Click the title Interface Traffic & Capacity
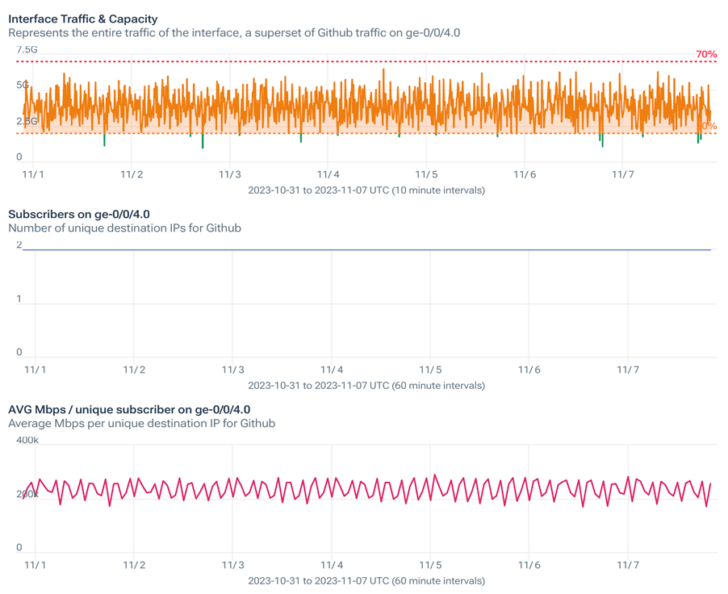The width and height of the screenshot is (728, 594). (83, 19)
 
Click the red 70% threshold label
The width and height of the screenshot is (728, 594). (706, 55)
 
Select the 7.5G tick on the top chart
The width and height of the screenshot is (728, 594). (27, 50)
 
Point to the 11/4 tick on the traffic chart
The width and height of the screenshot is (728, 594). (328, 174)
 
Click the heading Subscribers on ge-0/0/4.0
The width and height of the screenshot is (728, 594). (79, 214)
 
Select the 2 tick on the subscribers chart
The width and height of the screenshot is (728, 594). (19, 245)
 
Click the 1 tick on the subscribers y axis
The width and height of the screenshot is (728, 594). (19, 299)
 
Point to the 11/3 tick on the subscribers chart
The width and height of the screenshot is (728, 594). (232, 370)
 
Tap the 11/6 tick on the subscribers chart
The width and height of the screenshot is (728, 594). (529, 370)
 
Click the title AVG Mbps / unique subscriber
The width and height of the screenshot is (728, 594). (129, 409)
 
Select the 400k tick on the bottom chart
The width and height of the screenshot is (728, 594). (27, 441)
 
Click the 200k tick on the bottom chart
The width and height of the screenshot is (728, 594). (27, 495)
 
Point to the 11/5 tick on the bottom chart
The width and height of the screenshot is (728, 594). (430, 565)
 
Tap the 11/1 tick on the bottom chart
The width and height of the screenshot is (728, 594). (35, 565)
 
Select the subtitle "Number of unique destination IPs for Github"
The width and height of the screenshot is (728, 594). (124, 228)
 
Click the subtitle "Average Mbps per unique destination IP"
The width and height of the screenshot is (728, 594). (141, 424)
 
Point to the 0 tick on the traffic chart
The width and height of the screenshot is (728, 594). (19, 157)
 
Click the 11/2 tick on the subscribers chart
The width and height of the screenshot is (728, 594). (134, 370)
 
